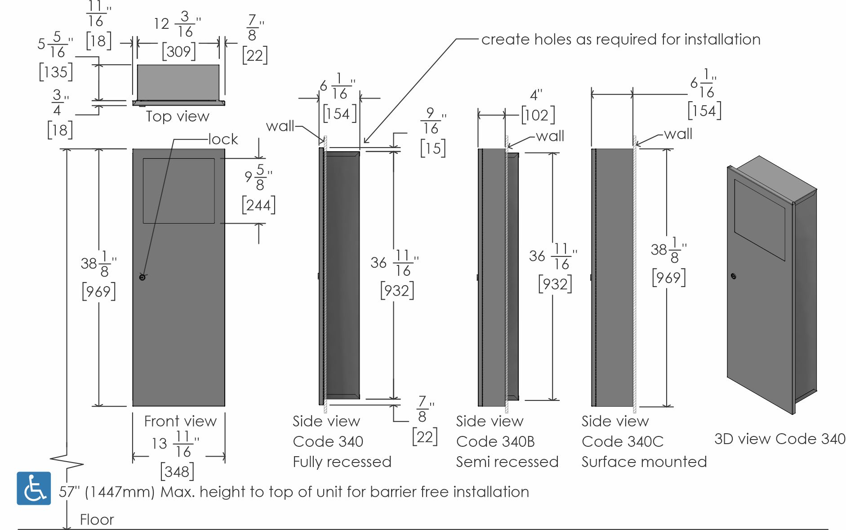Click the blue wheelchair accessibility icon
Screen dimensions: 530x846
point(34,488)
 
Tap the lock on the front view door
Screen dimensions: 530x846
point(142,277)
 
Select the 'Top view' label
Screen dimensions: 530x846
point(178,117)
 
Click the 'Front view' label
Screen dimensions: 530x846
point(180,421)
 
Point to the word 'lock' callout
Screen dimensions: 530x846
point(223,139)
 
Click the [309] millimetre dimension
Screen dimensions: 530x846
point(178,51)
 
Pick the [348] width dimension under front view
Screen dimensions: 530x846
point(177,472)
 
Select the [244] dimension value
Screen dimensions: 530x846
point(258,205)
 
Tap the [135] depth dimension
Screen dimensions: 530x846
point(56,72)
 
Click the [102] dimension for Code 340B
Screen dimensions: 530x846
point(538,115)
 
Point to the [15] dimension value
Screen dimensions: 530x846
point(433,148)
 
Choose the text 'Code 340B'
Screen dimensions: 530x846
point(495,441)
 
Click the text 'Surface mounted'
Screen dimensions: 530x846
point(644,462)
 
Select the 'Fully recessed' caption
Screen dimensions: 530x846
point(342,462)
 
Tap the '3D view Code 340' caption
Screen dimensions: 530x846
point(780,439)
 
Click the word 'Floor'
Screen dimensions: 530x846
point(97,520)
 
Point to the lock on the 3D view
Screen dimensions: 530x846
point(734,276)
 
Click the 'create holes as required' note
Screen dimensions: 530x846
point(621,40)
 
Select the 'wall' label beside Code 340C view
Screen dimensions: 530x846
point(678,134)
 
